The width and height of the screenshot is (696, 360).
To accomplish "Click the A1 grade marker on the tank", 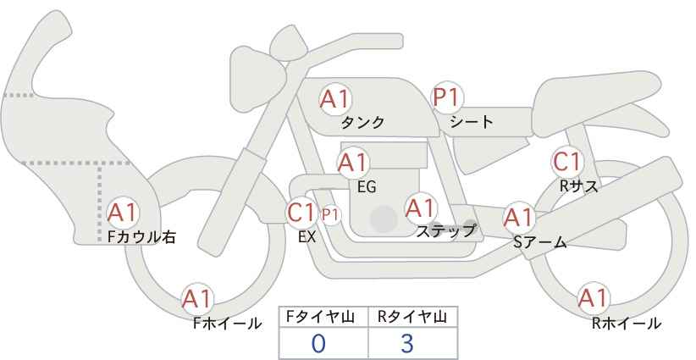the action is (x=335, y=99).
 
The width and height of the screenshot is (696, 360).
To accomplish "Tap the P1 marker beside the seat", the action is (x=447, y=97).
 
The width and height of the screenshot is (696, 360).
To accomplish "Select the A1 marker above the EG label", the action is (x=353, y=163).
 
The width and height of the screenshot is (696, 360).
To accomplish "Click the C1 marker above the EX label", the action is (x=301, y=212).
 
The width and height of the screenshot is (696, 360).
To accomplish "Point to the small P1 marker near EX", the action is (x=330, y=215).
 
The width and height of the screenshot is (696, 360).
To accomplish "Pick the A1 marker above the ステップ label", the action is (x=420, y=208).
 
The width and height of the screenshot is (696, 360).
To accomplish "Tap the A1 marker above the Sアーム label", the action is (x=518, y=218).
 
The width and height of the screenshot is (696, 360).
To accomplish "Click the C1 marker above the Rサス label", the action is (x=566, y=162).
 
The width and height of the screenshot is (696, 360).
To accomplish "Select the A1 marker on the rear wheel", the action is (x=593, y=298).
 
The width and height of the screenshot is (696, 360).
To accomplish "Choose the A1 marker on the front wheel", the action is (x=197, y=299).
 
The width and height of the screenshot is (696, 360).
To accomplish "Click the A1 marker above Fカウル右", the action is (x=123, y=213).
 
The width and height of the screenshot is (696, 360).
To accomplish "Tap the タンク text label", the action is (x=362, y=123).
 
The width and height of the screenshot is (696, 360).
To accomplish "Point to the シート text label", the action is (x=472, y=121).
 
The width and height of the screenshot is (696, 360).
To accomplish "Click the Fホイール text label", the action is (x=227, y=324).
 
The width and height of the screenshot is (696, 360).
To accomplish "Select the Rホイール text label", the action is (x=627, y=324).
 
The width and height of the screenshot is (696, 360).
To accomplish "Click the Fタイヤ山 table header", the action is (x=320, y=317).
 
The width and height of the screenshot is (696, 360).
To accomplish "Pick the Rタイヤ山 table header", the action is (x=412, y=317).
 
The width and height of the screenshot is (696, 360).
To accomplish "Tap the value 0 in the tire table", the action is (x=318, y=343).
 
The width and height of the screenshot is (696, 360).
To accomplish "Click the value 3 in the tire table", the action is (x=406, y=343).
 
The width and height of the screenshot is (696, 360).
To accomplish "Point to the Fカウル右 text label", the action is (x=141, y=237).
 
